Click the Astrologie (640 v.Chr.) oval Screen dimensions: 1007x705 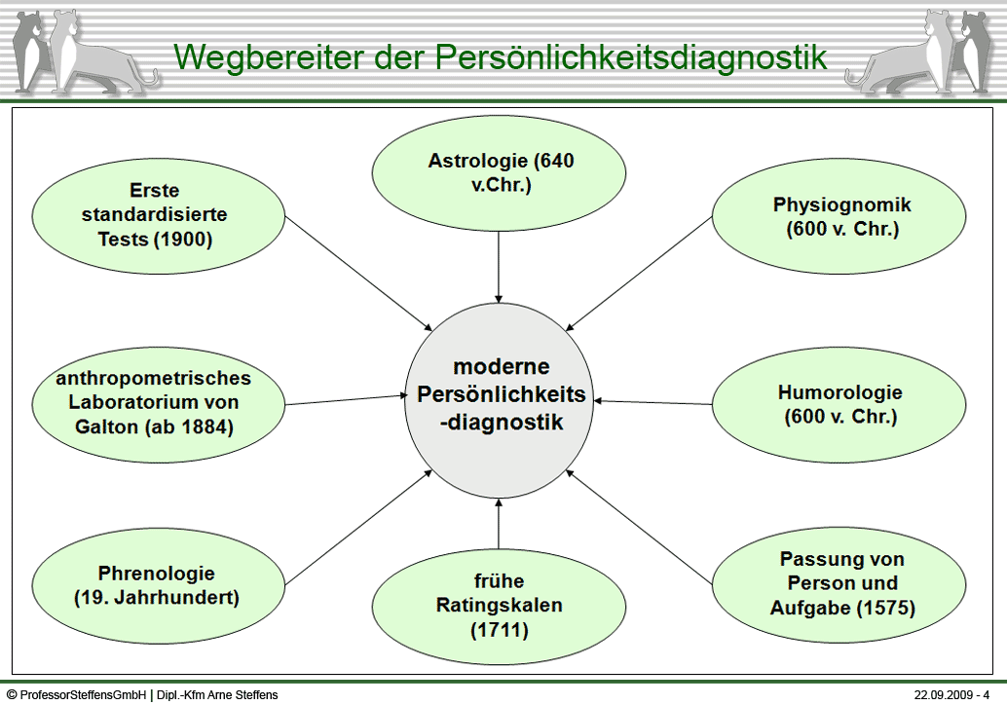tap(499, 173)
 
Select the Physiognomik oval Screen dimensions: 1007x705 tap(839, 216)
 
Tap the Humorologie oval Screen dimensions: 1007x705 tap(839, 404)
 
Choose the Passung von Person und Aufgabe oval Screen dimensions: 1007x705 tap(839, 584)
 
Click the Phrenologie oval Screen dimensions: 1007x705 tap(158, 585)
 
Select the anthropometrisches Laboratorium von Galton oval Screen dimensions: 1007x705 tap(158, 404)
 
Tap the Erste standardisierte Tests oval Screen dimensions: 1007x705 tap(158, 216)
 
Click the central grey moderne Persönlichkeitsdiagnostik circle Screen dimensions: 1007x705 tap(499, 400)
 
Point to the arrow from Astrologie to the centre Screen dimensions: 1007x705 tap(499, 267)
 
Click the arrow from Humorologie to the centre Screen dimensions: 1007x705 tap(653, 402)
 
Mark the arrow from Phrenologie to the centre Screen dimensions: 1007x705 tap(359, 527)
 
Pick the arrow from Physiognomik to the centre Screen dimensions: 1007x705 tap(639, 274)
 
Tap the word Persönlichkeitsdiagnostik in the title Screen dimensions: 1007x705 tap(631, 57)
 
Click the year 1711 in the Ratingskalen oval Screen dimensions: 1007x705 tap(500, 630)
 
